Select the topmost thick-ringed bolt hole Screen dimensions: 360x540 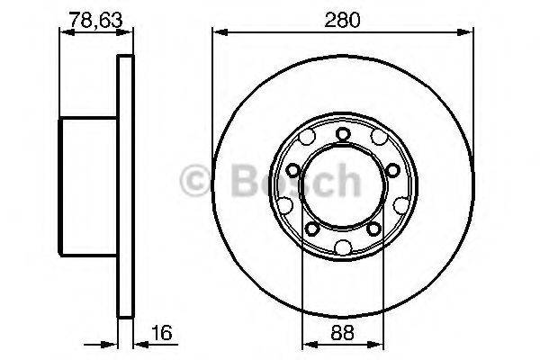pyautogui.click(x=343, y=135)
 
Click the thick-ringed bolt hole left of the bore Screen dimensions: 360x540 pyautogui.click(x=293, y=170)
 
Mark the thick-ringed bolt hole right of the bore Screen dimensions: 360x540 pyautogui.click(x=392, y=171)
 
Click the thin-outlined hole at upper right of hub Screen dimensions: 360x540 pyautogui.click(x=378, y=138)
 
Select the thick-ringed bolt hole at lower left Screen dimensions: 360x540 pyautogui.click(x=312, y=229)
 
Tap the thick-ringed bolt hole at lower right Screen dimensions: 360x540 pyautogui.click(x=373, y=229)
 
